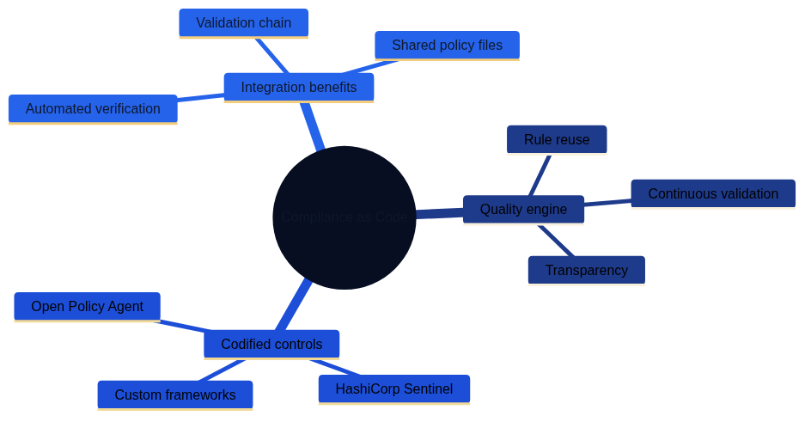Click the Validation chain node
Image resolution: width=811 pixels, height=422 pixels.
[243, 23]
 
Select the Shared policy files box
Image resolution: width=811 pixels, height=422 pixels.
[447, 46]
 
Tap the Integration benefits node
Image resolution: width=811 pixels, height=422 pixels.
[298, 87]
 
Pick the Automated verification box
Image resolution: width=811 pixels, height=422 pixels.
[93, 109]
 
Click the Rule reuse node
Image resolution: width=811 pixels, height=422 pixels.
[557, 139]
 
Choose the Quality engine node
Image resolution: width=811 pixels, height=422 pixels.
[523, 210]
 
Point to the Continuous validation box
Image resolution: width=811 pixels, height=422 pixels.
[713, 193]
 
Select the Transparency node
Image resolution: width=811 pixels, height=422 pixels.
[586, 270]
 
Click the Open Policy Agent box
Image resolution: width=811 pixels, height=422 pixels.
[87, 307]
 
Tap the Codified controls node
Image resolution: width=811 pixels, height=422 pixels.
[271, 345]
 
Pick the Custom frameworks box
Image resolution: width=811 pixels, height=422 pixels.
[174, 395]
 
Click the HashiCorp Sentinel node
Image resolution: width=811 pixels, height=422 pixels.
[393, 389]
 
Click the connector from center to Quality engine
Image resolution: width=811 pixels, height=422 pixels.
[439, 213]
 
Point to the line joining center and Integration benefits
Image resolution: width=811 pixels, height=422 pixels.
[311, 125]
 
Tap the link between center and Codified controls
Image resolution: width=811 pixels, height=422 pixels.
[294, 305]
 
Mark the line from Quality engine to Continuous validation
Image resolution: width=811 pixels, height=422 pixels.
[607, 203]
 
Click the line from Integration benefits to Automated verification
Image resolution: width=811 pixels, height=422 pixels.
[200, 97]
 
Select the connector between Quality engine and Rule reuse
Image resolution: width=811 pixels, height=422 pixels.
[540, 175]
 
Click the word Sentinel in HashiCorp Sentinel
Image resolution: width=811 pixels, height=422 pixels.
[425, 389]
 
